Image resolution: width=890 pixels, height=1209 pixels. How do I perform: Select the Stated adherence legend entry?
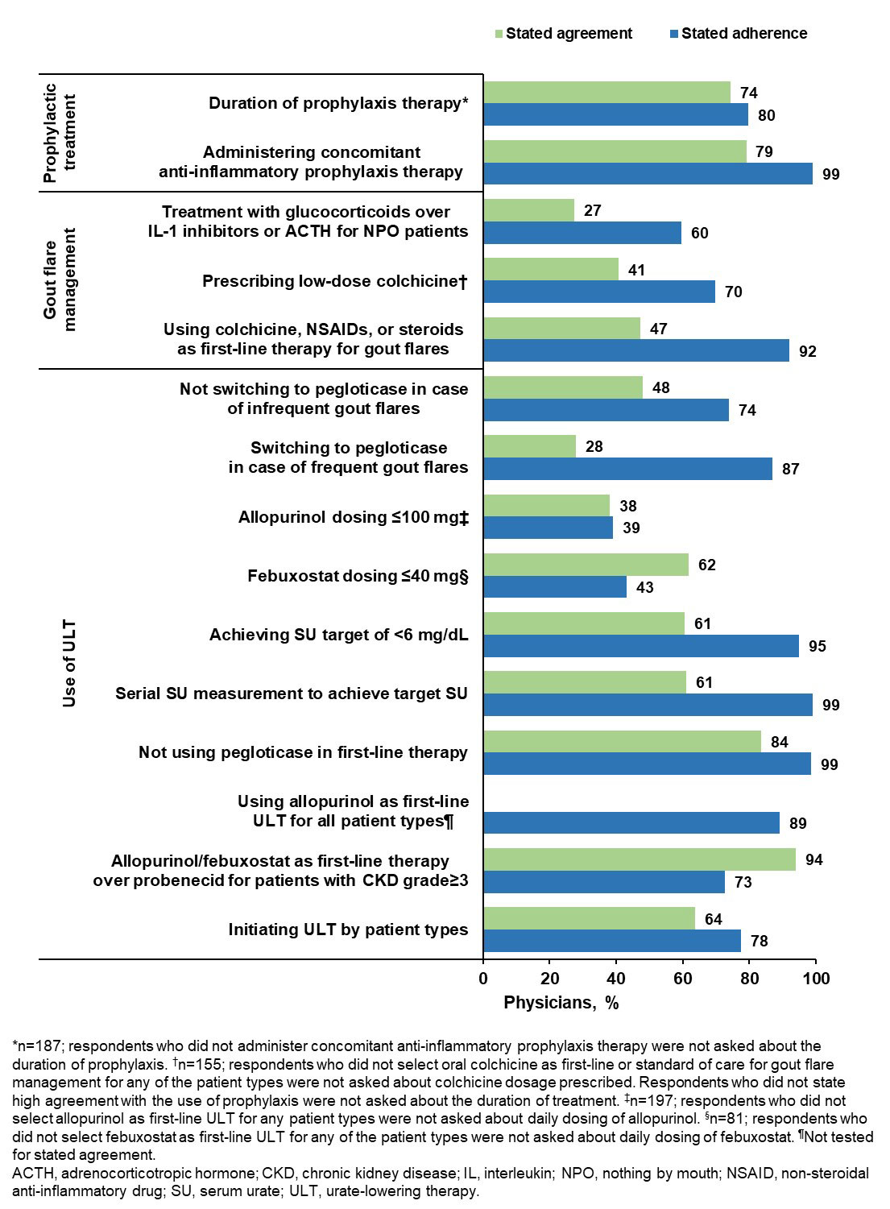743,33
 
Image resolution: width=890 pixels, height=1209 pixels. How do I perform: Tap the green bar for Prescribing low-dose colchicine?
551,269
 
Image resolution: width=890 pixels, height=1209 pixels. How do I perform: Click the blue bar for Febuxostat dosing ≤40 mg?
555,587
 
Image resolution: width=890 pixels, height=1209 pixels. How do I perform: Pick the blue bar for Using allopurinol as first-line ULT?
631,822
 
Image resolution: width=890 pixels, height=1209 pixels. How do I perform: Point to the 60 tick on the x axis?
683,979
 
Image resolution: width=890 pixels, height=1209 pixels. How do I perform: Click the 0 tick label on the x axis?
483,979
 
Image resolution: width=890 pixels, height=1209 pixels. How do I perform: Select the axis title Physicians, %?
561,1003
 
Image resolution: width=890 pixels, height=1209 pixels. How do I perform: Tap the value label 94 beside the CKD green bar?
814,859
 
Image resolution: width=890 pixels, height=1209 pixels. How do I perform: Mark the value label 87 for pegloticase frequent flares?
791,469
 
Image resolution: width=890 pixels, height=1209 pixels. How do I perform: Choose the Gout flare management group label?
60,279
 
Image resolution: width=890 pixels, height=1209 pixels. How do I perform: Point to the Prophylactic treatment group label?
60,132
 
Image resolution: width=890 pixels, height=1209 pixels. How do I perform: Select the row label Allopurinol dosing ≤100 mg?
353,517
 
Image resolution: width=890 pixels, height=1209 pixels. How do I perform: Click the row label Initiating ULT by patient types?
348,930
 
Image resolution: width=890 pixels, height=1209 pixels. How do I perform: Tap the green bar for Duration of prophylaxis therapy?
606,92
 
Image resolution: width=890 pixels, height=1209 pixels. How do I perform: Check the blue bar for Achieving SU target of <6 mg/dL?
641,646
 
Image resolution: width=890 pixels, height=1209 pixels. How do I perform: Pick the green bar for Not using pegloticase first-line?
622,741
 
